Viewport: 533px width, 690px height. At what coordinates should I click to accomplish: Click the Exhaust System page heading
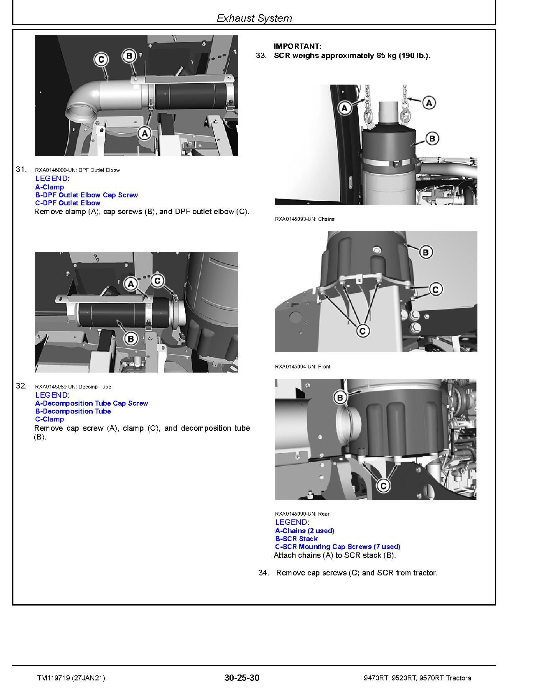point(254,18)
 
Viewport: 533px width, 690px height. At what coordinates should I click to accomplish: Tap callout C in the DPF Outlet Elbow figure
point(101,59)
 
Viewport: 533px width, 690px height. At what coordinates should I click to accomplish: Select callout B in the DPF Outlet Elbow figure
point(129,56)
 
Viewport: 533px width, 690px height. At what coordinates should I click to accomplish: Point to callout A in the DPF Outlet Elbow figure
point(145,133)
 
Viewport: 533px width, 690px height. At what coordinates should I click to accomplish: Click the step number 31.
point(21,169)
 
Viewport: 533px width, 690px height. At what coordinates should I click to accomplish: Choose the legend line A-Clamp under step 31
point(49,187)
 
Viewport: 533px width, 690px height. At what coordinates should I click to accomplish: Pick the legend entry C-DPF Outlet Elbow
point(68,203)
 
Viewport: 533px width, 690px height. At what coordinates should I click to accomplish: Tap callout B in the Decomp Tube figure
point(130,339)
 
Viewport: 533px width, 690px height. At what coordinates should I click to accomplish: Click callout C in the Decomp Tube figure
point(158,281)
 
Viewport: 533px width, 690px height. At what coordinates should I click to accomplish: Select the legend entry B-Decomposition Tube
point(73,411)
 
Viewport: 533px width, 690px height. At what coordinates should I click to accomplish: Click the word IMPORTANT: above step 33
point(298,46)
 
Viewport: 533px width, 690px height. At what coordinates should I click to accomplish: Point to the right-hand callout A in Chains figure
point(429,103)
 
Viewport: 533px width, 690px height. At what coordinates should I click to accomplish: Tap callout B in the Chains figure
point(432,138)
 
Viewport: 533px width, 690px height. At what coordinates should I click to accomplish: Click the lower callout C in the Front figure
point(362,331)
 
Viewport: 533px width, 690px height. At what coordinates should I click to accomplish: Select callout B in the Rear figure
point(340,398)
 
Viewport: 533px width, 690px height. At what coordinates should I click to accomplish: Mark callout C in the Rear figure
point(383,486)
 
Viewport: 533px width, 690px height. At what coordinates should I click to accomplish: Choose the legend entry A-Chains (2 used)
point(304,531)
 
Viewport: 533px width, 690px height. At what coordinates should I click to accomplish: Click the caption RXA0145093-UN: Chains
point(304,219)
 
